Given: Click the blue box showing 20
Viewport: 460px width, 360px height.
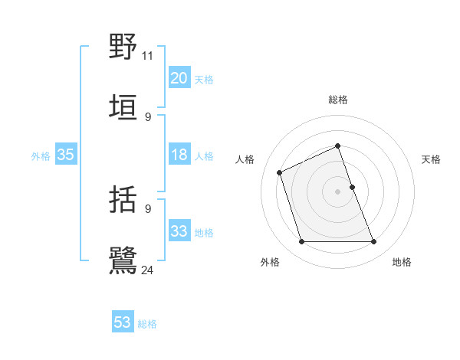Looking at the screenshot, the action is coord(179,78).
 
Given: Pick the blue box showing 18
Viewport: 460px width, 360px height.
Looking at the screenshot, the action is coord(179,155).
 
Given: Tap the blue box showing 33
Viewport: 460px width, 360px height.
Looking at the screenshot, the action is coord(179,231).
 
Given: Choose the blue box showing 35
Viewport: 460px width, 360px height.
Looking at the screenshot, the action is coord(65,155).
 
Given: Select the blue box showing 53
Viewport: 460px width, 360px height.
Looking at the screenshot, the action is coord(123,322).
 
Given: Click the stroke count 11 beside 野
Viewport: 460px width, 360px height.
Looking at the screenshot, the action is coord(147,55).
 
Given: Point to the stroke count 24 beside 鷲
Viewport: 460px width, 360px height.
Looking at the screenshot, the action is coord(147,270).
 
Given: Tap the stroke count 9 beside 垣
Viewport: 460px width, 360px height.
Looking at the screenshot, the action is coord(147,116).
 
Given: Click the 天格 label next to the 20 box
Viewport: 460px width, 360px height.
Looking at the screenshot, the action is coord(204,80).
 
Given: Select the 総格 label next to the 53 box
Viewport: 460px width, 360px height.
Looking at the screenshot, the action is coord(147,324).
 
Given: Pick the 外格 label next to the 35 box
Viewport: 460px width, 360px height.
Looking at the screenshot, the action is coord(41,156).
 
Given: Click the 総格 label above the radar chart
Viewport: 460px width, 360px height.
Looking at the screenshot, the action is coord(338,100).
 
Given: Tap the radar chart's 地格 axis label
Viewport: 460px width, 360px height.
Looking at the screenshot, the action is coord(402,262).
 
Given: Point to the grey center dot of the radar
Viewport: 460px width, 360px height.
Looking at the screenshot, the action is coord(338,191).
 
